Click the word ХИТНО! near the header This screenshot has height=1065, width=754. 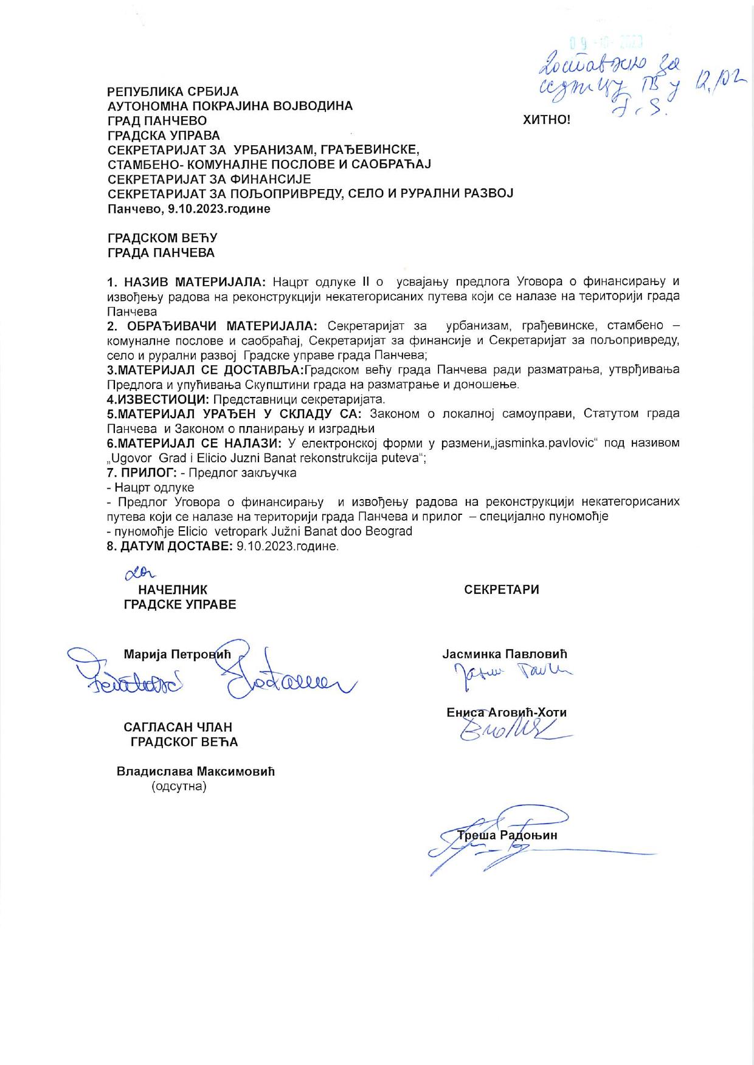(x=547, y=120)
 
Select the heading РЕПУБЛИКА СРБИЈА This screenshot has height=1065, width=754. (x=173, y=92)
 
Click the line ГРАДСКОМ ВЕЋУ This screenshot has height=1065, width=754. (x=162, y=238)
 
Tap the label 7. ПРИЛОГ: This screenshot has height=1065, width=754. (x=142, y=473)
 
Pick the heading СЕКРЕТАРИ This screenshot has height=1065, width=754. (x=502, y=590)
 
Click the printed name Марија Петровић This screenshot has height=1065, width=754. (x=178, y=654)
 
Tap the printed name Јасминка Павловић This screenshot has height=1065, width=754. (x=504, y=654)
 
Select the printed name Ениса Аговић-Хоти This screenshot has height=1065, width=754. (x=507, y=712)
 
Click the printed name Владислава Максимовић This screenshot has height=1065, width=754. (x=196, y=771)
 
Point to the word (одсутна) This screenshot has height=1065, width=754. (x=179, y=787)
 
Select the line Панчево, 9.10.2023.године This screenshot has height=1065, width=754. (x=189, y=209)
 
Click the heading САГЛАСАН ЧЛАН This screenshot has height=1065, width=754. (x=178, y=727)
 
